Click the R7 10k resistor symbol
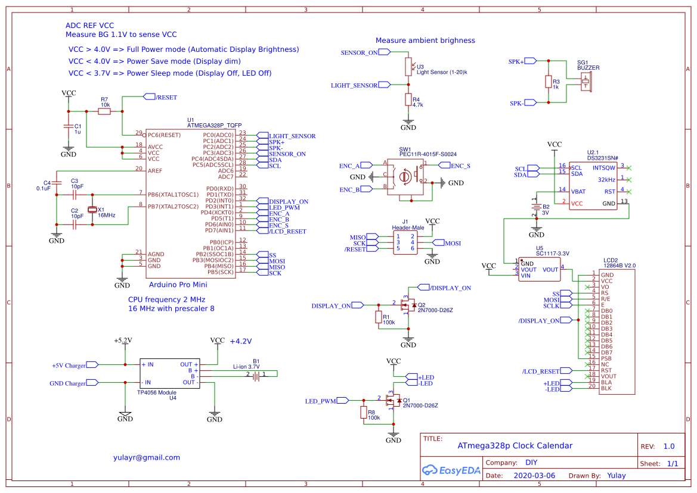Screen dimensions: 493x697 [x=104, y=111]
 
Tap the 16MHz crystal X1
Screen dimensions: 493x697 [x=92, y=210]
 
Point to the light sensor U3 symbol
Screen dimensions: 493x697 [x=408, y=67]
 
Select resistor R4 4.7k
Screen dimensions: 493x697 [x=408, y=100]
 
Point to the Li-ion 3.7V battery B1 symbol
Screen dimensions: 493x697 [x=256, y=375]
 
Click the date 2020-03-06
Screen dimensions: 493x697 [x=534, y=476]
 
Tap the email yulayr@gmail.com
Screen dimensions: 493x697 [x=147, y=457]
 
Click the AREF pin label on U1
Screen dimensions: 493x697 [x=155, y=171]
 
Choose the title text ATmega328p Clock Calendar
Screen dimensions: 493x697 [x=515, y=445]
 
